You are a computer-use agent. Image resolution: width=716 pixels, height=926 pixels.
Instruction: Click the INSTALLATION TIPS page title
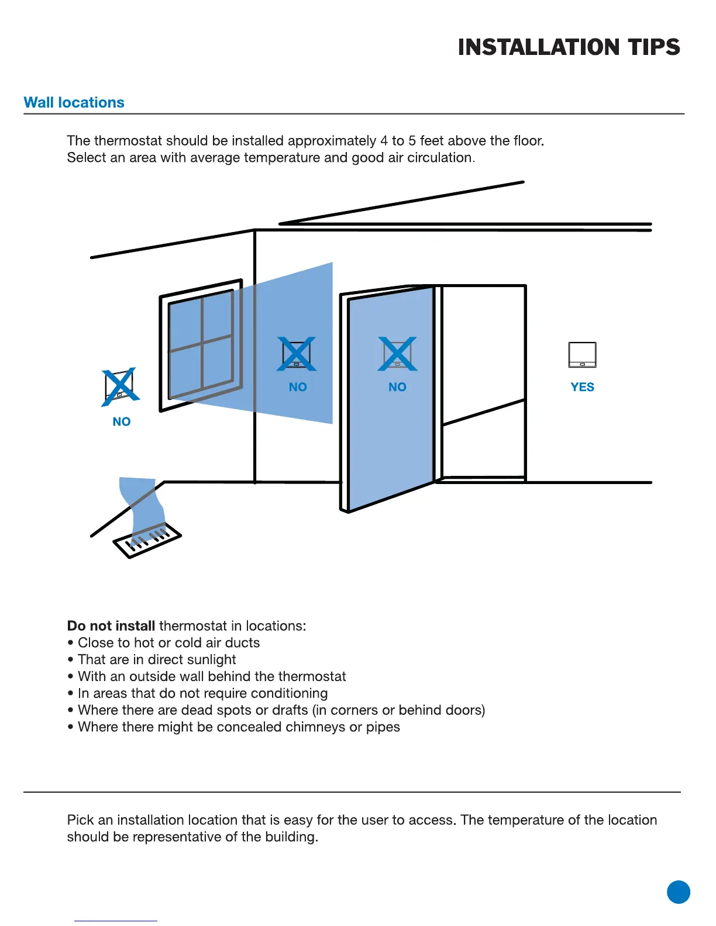coord(569,47)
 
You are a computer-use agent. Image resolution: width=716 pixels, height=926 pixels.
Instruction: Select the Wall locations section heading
coord(74,103)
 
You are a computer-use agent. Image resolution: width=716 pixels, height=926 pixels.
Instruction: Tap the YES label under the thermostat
coord(582,387)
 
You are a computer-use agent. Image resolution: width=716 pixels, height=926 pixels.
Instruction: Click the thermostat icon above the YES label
coord(582,355)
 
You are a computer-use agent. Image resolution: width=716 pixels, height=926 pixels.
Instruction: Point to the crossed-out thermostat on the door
coord(397,354)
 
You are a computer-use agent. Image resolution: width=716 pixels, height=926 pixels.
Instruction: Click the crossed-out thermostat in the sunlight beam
coord(297,354)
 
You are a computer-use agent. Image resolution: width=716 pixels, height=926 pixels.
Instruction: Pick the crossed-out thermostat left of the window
coord(120,386)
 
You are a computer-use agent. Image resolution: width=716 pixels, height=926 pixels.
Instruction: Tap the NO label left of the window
coord(122,421)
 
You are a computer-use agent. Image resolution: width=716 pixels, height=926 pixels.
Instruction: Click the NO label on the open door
coord(397,387)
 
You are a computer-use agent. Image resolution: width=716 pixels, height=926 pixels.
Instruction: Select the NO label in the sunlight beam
coord(298,387)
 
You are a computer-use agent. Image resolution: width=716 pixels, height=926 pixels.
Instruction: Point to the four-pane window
coord(202,345)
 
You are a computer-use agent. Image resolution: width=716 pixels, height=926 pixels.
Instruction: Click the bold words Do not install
coord(111,626)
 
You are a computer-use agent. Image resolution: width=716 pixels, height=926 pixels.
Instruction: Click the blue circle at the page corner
coord(678,892)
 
